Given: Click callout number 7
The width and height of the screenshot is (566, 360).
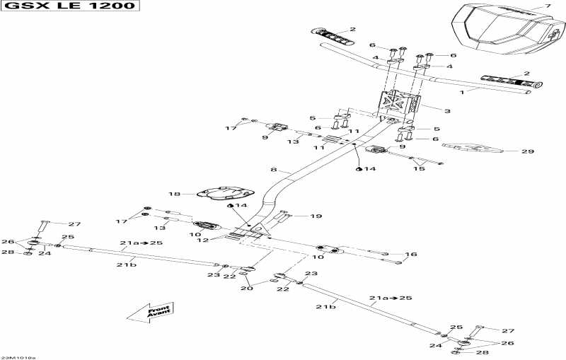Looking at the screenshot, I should click(x=546, y=6).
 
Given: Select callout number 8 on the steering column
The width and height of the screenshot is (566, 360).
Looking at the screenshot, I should click(x=274, y=170).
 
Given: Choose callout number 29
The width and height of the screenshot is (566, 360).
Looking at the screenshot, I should click(x=528, y=151).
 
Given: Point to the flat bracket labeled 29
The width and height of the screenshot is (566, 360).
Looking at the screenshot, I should click(x=475, y=149).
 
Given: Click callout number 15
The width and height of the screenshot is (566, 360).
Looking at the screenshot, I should click(x=419, y=168).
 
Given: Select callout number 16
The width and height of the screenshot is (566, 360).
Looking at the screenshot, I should click(x=410, y=254).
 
